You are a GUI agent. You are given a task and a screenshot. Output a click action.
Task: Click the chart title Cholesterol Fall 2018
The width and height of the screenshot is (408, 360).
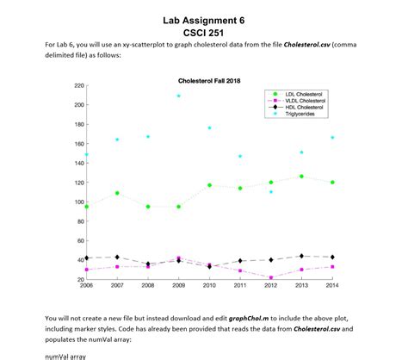coord(203,79)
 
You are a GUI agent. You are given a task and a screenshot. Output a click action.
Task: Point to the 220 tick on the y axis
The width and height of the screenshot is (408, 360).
coord(78,85)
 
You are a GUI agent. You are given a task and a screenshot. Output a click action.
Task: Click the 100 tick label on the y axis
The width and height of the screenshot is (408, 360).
coord(78,202)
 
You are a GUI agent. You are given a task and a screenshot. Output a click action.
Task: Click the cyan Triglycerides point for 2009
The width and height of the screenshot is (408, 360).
coord(179,96)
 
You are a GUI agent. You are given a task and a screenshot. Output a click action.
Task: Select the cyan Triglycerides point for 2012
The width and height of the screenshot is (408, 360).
coord(271,191)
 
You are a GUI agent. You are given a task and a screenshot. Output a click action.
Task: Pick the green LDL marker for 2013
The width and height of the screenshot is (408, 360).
coord(301,176)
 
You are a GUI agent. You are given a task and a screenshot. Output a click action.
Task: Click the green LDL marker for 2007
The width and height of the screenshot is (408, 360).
coord(117,193)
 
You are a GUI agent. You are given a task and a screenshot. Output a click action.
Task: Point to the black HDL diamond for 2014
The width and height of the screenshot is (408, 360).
coord(332,257)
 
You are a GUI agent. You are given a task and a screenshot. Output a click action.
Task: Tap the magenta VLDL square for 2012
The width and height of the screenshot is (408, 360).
coord(271,277)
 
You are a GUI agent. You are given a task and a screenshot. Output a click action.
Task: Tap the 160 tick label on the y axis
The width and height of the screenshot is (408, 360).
coord(78,144)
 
